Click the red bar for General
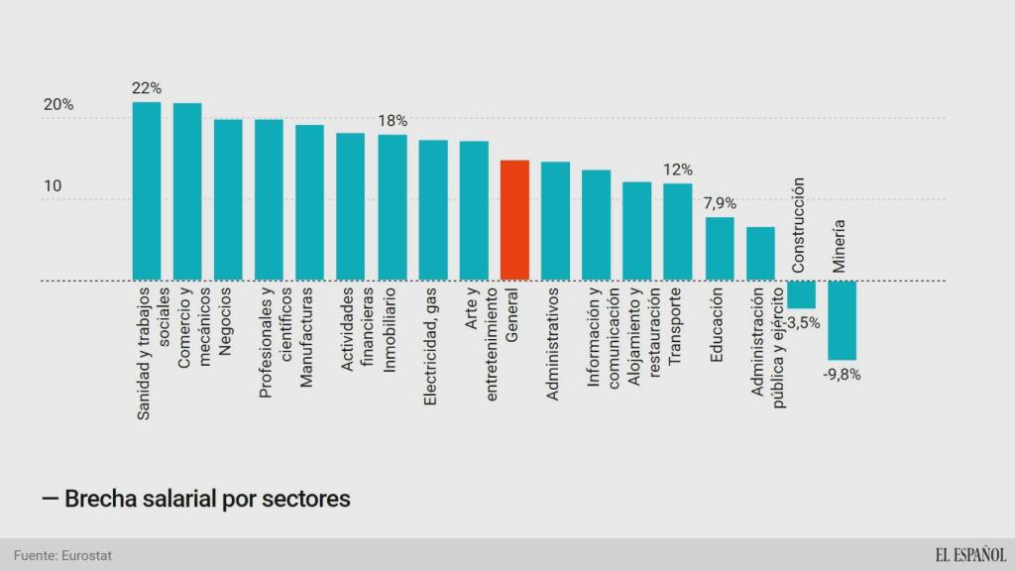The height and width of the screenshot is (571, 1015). coord(514,220)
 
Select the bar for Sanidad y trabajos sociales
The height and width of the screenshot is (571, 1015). coord(147,190)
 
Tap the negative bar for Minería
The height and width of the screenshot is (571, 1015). coord(843,320)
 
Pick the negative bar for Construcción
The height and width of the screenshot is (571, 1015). coord(801,294)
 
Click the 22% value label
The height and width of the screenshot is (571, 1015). coord(147,88)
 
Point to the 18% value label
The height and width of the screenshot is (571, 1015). coord(393,121)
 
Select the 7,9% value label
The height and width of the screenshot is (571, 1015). coord(720,203)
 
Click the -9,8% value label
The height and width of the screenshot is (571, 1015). coord(842,375)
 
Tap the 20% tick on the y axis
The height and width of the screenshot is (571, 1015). coord(57,105)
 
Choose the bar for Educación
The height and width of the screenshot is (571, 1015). coord(720,249)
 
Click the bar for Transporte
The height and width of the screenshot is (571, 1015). coord(678,232)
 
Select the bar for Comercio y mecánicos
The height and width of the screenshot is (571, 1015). coord(187,191)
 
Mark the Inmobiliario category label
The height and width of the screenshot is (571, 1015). coord(391,330)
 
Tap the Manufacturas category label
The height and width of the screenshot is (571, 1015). coord(307,337)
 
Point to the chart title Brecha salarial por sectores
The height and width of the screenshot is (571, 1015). coord(197,498)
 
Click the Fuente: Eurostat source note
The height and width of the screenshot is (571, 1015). coord(63,555)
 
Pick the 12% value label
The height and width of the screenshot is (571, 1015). coord(678,170)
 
